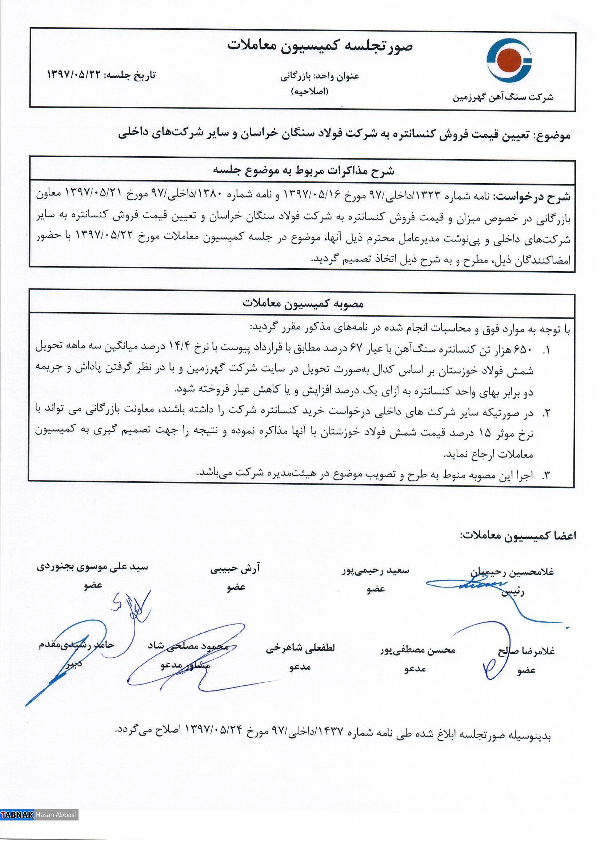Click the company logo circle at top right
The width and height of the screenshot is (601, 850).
pyautogui.click(x=509, y=60)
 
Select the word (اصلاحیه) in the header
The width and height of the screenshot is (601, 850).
pyautogui.click(x=309, y=91)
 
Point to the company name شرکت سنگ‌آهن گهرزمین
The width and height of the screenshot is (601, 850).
pyautogui.click(x=503, y=97)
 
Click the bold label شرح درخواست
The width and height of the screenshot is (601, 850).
pyautogui.click(x=533, y=197)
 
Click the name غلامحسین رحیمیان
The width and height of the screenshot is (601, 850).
pyautogui.click(x=512, y=572)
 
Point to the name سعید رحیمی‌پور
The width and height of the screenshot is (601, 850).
pyautogui.click(x=375, y=570)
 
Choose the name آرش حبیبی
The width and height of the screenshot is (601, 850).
pyautogui.click(x=235, y=569)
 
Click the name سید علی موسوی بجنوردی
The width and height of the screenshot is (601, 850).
pyautogui.click(x=92, y=567)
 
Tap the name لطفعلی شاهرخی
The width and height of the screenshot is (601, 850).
pyautogui.click(x=300, y=648)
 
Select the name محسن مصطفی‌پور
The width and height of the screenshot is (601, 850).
pyautogui.click(x=417, y=650)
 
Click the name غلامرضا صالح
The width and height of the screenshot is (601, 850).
pyautogui.click(x=526, y=651)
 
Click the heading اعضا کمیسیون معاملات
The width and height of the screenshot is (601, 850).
pyautogui.click(x=518, y=536)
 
